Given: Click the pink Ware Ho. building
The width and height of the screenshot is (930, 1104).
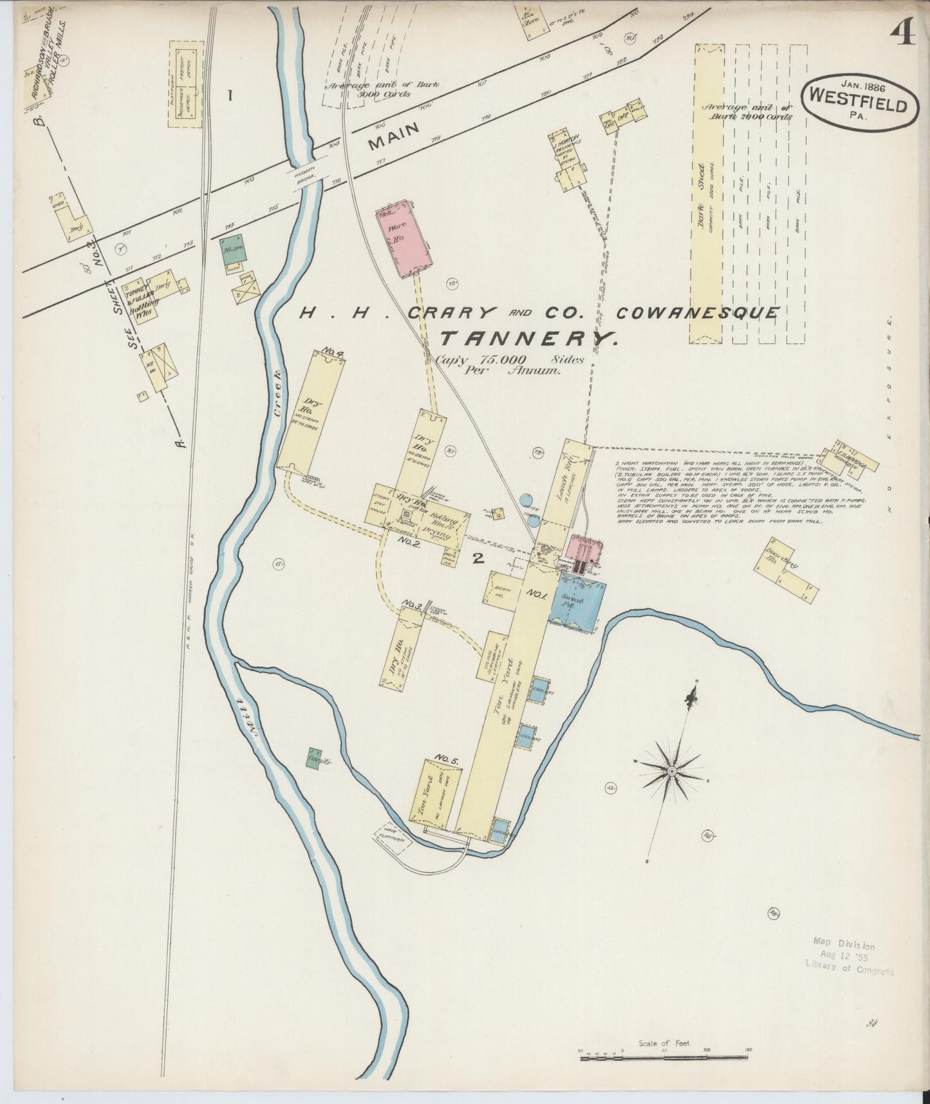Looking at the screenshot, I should click(404, 238).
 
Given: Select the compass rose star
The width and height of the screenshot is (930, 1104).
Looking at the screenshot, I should click(671, 771).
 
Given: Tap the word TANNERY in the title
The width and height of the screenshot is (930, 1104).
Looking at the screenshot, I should click(529, 338).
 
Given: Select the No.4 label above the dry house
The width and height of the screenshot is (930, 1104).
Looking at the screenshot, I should click(333, 352).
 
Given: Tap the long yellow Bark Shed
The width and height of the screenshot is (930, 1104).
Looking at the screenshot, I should click(706, 193).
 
